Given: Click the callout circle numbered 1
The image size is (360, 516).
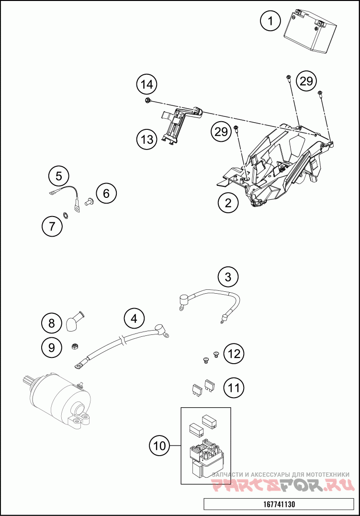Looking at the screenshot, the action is coord(270,21).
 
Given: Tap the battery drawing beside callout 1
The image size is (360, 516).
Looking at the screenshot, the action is coord(310,32).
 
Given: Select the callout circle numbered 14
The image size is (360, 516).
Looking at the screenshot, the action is coord(147,85).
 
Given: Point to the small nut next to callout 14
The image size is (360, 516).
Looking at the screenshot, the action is coord(147,100).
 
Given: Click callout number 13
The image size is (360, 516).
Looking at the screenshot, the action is coord(147,139).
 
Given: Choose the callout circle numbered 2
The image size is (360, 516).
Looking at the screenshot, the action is coord(228,203).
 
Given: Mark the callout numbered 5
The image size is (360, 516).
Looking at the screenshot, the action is coord(58,176).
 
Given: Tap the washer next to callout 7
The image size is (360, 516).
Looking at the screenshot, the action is coord(66,216).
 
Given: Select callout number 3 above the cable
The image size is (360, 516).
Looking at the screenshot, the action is coord(228,277).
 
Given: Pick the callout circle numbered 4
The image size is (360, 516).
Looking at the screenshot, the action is coord(134,319).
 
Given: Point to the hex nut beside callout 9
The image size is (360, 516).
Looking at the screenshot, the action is coord(75,346).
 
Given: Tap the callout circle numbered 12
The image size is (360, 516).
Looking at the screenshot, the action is coord(234,354).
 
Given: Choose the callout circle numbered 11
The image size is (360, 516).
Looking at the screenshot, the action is coord(234,388).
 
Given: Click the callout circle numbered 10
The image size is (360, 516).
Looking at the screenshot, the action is coord(160,446).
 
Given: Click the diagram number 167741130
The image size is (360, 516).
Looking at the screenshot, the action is coord(279,504).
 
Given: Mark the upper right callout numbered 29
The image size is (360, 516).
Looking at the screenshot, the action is coord(306,80).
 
